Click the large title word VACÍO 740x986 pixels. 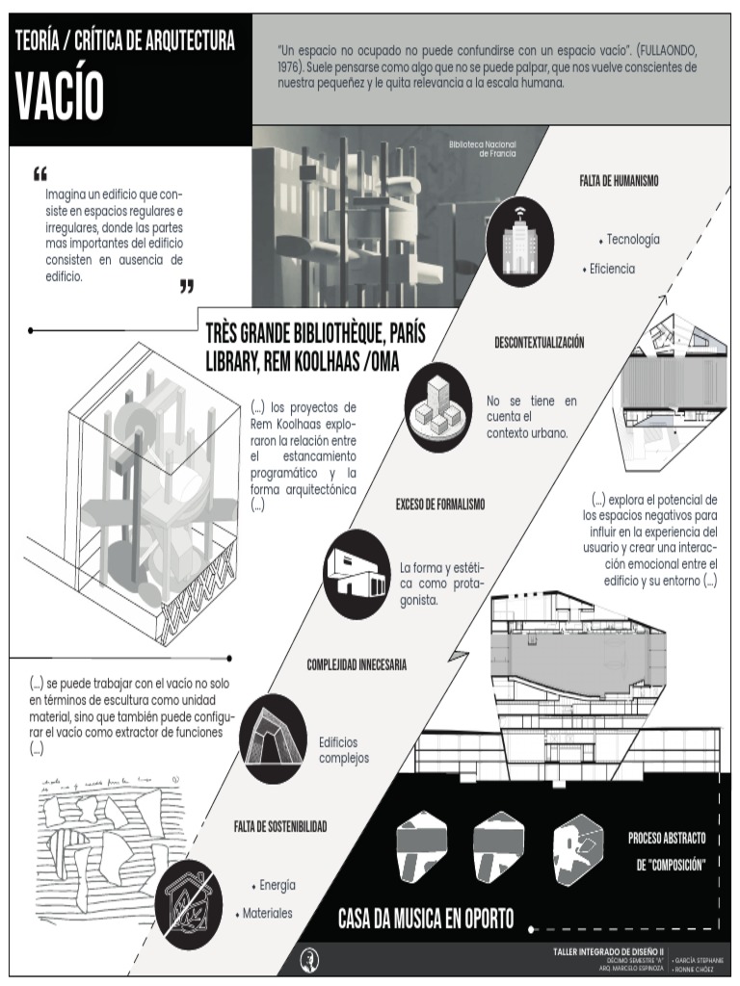point(60,93)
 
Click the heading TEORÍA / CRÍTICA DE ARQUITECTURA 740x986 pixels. point(125,40)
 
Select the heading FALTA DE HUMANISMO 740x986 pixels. point(619,180)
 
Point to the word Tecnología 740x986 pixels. point(633,239)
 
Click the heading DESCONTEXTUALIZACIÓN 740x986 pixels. point(540,343)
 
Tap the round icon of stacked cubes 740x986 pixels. point(438,408)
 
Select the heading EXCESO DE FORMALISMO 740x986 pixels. point(440,505)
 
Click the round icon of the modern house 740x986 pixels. point(356,574)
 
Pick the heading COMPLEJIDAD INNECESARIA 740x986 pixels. point(357,664)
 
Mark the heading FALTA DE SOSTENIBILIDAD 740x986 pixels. point(280,826)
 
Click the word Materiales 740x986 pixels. point(267,913)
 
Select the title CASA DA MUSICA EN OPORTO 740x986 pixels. point(425,917)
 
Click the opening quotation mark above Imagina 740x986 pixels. point(40,174)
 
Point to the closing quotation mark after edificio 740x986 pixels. point(187,286)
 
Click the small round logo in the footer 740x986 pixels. point(310,958)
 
